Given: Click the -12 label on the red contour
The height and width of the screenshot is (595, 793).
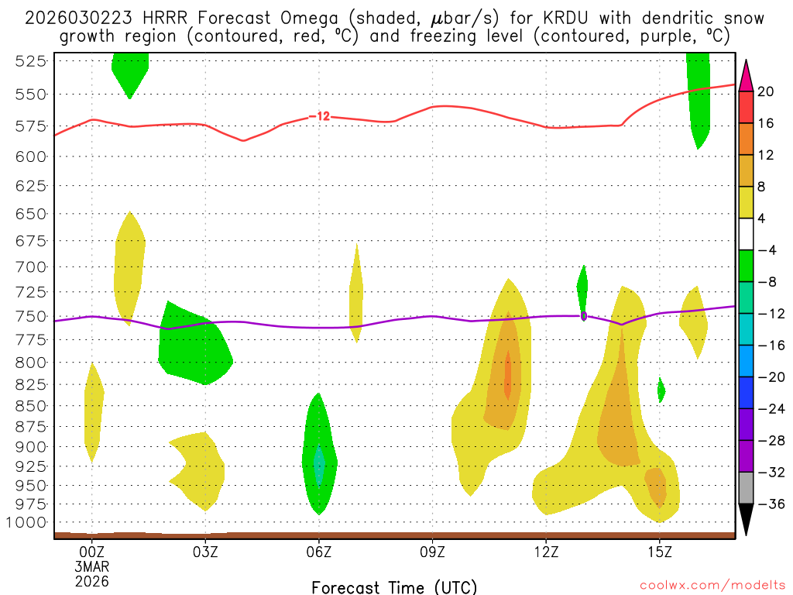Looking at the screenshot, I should pos(320,117).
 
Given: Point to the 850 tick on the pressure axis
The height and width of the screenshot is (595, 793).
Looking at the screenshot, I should pos(30,405).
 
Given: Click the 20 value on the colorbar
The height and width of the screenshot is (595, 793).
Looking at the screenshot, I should pos(767,91).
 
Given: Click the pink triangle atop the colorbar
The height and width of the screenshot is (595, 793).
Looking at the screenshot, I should pos(747,75).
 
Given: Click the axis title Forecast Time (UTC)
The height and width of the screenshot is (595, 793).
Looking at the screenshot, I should pos(394,586).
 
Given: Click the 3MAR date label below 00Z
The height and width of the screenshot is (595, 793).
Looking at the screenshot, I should pos(91,566).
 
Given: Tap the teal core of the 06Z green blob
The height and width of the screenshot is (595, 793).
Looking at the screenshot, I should pos(319,466).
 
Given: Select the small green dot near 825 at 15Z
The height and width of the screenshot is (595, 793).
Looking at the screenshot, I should pos(661,390).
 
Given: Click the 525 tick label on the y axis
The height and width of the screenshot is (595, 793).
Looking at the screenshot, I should pos(30,61).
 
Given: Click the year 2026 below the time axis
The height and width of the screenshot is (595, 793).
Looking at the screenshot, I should pos(91,580).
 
